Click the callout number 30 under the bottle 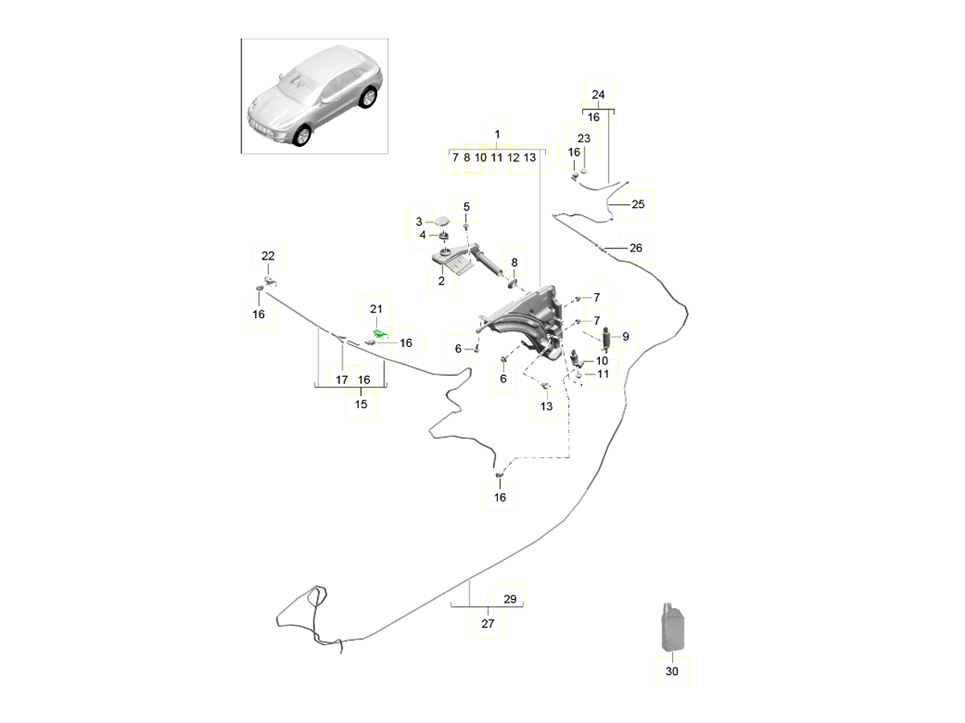click(672, 672)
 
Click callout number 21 click(377, 309)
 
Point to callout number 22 click(268, 255)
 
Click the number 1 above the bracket click(497, 133)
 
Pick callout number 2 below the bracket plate click(441, 281)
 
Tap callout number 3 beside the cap click(418, 222)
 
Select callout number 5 click(466, 208)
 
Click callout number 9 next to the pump click(625, 337)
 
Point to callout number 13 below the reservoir click(546, 406)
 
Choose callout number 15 click(361, 404)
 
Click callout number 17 click(342, 379)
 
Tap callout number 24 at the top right click(597, 95)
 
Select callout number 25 click(638, 204)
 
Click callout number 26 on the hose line click(635, 248)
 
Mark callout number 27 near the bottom click(487, 623)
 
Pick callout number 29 click(509, 599)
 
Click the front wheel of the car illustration click(302, 136)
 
